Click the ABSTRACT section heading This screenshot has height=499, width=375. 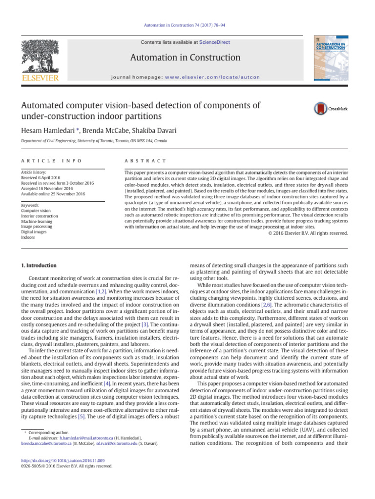(146, 161)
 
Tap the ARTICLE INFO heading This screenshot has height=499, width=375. (51, 161)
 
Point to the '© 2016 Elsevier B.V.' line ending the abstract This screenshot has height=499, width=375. (308, 233)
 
